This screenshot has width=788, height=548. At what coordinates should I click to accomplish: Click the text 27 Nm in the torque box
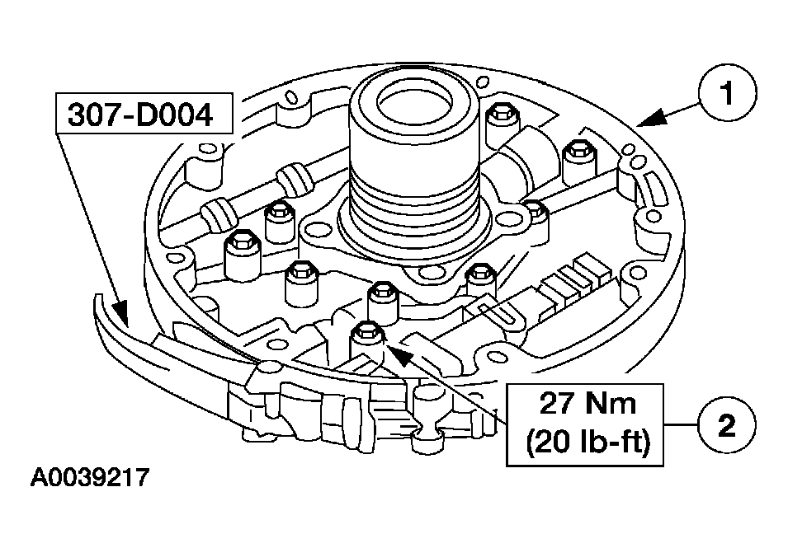587,405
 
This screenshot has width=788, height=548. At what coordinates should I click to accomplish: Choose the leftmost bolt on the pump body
240,241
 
